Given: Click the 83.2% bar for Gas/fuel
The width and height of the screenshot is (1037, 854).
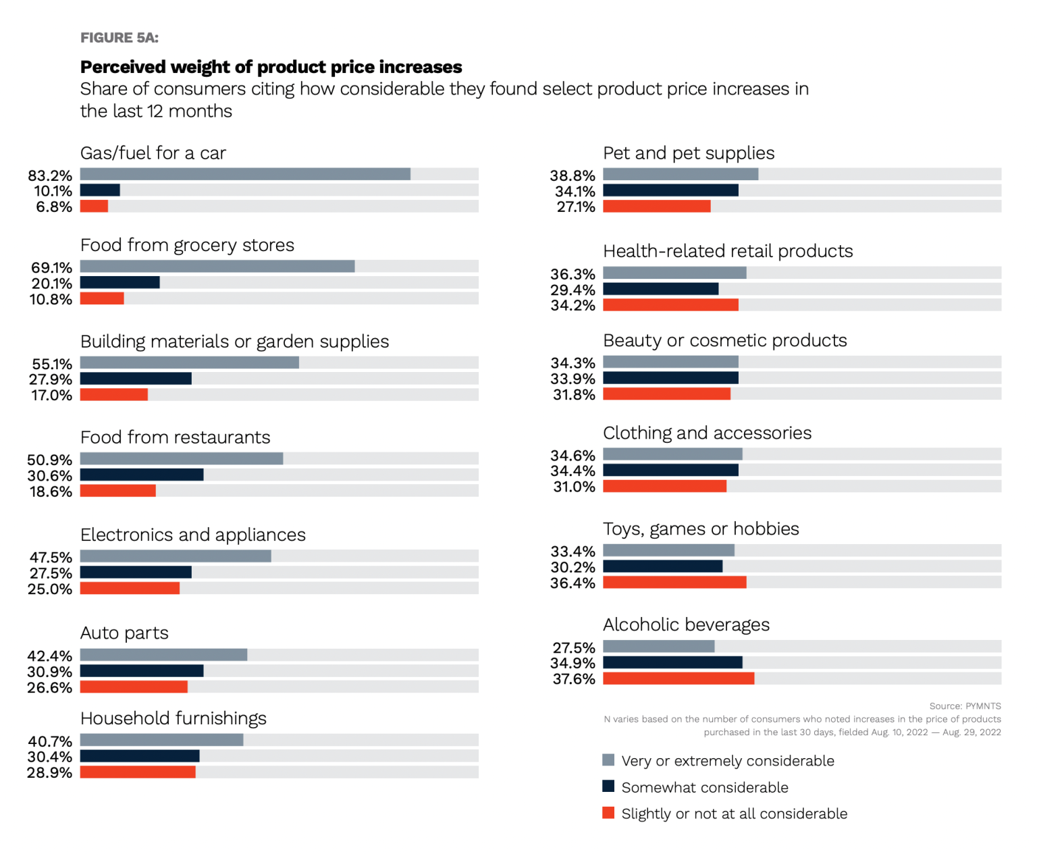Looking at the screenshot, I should (245, 174).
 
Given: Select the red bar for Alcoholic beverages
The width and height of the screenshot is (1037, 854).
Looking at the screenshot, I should (678, 678).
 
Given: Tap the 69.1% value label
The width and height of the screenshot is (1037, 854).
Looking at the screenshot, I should (51, 267).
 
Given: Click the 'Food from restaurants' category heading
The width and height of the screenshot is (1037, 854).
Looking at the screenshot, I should (175, 437).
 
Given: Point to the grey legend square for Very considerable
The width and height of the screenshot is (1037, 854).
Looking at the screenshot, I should (608, 760).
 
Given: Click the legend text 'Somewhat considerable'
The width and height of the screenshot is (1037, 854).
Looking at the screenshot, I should (704, 787).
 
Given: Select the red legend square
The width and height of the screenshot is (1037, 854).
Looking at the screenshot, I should (608, 813).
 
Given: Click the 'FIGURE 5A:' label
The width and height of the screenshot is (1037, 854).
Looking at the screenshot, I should (119, 38).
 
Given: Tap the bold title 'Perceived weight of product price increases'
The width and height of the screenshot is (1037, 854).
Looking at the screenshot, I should (271, 67).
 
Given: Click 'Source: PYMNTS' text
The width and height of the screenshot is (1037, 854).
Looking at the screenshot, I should (964, 706).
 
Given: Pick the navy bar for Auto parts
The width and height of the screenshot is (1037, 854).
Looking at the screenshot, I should (142, 671).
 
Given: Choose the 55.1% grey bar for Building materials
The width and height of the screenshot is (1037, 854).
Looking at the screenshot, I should (189, 363).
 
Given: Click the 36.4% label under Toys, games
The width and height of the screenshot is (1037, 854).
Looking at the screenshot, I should (573, 583).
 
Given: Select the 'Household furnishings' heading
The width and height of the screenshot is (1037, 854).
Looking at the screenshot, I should (173, 718).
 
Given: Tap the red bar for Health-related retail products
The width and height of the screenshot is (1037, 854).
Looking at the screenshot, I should (670, 305).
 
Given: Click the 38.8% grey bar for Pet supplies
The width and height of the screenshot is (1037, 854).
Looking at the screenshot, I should (681, 174).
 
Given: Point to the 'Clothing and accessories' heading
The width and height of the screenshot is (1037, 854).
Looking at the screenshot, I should (707, 433).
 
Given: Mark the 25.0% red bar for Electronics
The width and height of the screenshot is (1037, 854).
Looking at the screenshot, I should (130, 589).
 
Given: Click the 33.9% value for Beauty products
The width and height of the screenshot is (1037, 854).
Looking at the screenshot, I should (573, 379).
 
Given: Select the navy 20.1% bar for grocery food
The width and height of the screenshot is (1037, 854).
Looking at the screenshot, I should (119, 283).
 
